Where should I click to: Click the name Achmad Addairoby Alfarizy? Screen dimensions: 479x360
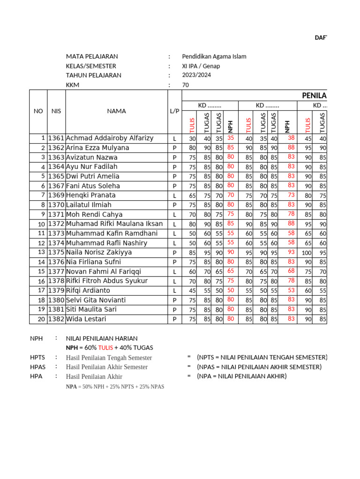coord(110,138)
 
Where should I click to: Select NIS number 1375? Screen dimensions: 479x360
coord(57,252)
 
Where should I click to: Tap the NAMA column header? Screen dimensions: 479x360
coord(116,111)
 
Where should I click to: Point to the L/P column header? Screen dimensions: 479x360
coord(174,111)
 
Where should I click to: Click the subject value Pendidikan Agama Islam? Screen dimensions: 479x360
coord(214,57)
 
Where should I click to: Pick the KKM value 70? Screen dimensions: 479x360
coord(186,85)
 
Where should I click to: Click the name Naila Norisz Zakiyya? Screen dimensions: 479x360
coord(99,252)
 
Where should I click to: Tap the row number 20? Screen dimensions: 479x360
coord(41,319)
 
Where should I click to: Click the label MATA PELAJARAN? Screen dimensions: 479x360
coord(92,57)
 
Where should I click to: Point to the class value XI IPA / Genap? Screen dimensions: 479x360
coord(201,66)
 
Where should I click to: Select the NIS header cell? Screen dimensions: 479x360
coord(56,111)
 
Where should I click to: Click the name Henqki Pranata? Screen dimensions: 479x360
coord(91,195)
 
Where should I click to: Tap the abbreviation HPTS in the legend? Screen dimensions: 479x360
coord(38,357)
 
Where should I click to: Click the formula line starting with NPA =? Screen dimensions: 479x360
coord(115,387)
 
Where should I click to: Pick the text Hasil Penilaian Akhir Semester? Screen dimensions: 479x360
coord(107,367)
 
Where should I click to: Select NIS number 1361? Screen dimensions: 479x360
coord(57,138)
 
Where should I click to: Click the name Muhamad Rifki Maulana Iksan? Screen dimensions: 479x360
coord(114,224)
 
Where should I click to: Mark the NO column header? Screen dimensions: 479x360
coord(38,111)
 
